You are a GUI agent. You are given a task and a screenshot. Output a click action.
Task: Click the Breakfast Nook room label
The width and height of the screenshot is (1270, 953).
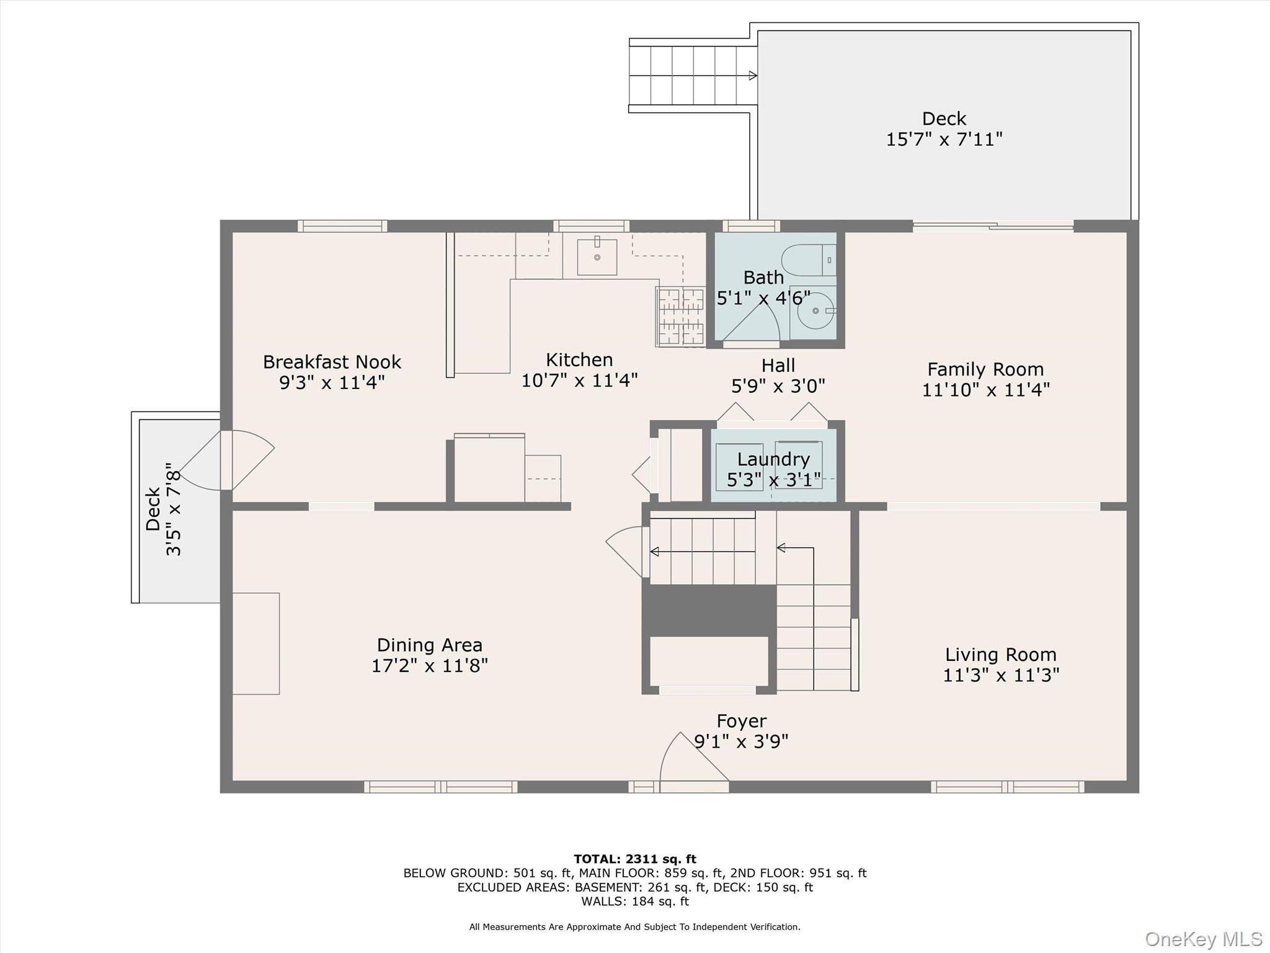pyautogui.click(x=332, y=362)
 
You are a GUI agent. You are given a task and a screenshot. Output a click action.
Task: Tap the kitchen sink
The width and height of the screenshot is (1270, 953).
pyautogui.click(x=597, y=257)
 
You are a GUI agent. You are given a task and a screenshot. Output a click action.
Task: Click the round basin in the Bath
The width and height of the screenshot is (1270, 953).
pyautogui.click(x=815, y=311)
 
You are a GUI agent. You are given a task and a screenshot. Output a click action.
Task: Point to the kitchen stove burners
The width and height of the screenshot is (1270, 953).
pyautogui.click(x=680, y=316)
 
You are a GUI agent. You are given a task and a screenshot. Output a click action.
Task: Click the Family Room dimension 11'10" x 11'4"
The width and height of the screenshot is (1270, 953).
pyautogui.click(x=985, y=390)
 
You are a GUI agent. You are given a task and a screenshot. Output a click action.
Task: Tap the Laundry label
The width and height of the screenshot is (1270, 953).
pyautogui.click(x=773, y=459)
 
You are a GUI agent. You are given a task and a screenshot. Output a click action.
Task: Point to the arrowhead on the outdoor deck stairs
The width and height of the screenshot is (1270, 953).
pyautogui.click(x=752, y=76)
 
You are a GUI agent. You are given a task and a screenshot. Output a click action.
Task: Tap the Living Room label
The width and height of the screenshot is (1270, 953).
pyautogui.click(x=1000, y=655)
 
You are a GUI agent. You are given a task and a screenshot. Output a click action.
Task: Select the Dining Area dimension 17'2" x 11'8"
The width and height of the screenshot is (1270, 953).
pyautogui.click(x=429, y=666)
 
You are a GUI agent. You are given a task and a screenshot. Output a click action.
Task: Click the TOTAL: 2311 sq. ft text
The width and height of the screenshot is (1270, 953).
pyautogui.click(x=634, y=859)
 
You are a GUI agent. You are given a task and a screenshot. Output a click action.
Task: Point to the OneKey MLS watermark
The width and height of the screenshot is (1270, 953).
pyautogui.click(x=1203, y=939)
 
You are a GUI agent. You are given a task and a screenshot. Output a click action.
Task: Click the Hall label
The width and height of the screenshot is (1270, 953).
pyautogui.click(x=778, y=365)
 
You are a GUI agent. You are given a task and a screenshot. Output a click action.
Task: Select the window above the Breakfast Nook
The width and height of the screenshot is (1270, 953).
pyautogui.click(x=342, y=226)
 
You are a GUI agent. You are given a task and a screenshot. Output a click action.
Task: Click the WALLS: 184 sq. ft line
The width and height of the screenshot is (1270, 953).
pyautogui.click(x=634, y=902)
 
